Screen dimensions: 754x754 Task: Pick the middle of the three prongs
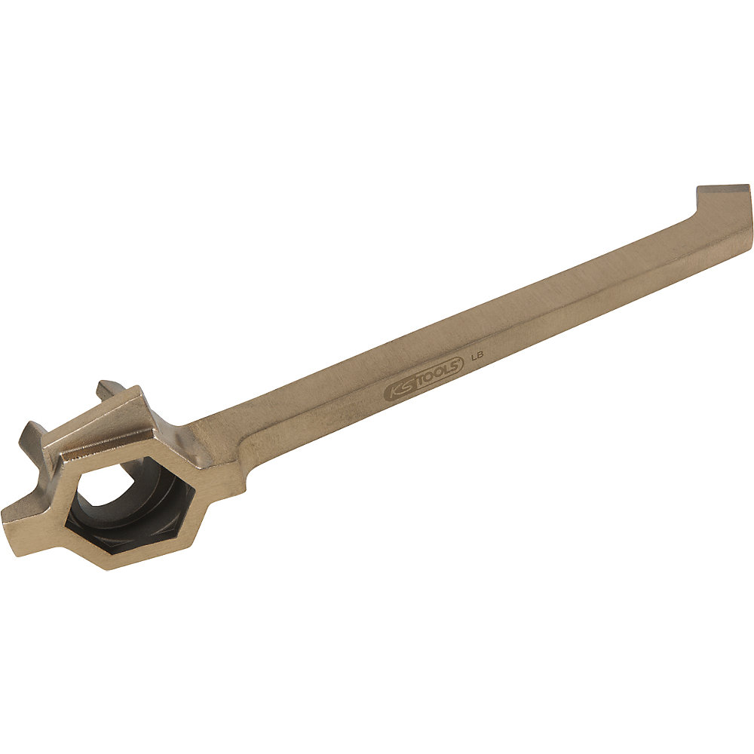(x=35, y=437)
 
